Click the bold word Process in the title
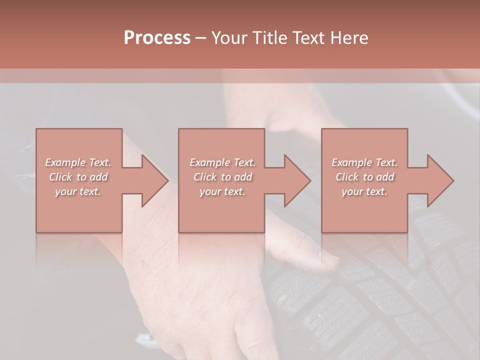[x=157, y=38]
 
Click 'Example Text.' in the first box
[x=78, y=162]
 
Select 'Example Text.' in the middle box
[x=222, y=162]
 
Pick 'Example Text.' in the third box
[x=364, y=162]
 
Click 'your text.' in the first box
[x=78, y=191]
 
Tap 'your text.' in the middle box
[x=222, y=191]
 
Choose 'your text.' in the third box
[x=364, y=191]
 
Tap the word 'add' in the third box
[x=385, y=177]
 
